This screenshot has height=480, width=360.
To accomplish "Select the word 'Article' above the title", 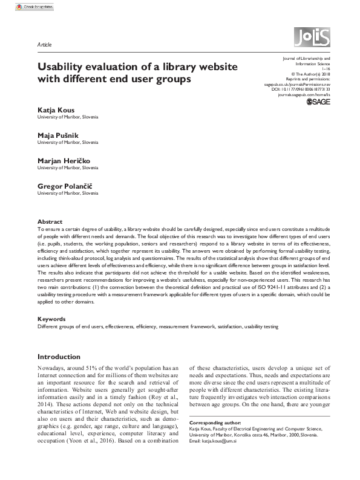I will [x=44, y=45].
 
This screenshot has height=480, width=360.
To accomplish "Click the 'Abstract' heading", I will [x=50, y=222].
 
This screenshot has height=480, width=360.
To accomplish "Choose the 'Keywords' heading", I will [x=51, y=318].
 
